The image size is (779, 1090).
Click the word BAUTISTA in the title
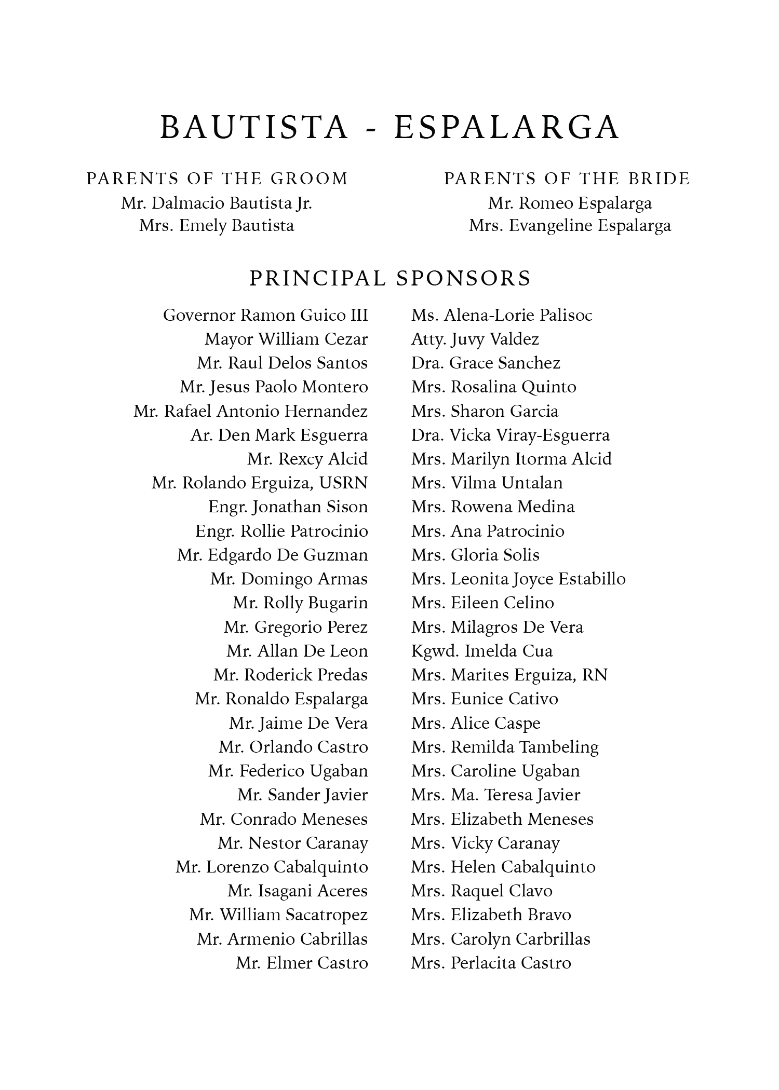254,127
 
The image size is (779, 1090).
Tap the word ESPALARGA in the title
507,127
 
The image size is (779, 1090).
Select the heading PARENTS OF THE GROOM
217,179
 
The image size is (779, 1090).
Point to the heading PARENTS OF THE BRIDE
567,179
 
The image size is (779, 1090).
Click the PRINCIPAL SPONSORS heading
391,278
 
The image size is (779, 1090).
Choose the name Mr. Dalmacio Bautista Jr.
217,203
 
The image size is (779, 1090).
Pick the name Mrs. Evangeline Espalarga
570,226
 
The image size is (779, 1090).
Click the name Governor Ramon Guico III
265,315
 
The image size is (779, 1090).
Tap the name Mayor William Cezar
286,339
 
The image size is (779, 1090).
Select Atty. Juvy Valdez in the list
475,339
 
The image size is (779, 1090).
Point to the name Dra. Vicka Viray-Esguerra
511,435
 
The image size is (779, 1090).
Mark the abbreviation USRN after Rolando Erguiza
343,483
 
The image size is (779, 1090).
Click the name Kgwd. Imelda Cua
482,651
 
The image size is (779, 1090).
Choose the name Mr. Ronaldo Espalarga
281,699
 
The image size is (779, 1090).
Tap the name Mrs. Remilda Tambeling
505,747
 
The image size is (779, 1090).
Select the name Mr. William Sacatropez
278,915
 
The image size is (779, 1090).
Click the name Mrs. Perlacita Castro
491,963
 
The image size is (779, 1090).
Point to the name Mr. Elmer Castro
302,963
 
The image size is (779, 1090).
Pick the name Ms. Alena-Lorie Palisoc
502,315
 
